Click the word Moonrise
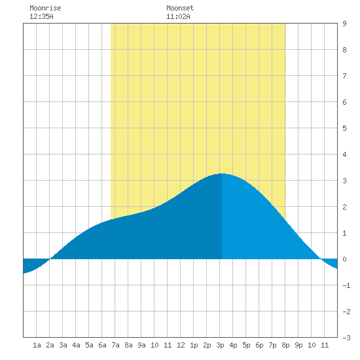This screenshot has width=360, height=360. (45, 8)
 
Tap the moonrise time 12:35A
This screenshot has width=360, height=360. (41, 16)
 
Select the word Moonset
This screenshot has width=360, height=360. (180, 8)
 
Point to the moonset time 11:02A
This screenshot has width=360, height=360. (178, 16)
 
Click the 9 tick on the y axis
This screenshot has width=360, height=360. (344, 24)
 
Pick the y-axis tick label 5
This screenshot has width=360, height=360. (344, 128)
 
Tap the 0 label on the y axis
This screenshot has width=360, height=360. (344, 259)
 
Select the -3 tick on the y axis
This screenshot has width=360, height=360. (346, 338)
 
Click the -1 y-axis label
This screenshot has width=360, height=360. (346, 285)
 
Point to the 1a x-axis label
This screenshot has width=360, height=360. (37, 345)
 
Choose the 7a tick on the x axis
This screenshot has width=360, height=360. (115, 345)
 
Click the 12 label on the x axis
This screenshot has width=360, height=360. (181, 345)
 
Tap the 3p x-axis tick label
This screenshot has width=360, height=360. (220, 345)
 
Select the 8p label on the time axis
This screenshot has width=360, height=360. (285, 345)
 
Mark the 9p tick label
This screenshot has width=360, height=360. (298, 345)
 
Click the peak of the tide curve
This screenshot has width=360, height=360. (221, 173)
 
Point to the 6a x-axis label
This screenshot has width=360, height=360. (102, 345)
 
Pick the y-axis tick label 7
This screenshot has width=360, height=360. (344, 76)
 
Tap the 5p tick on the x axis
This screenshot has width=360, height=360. (246, 345)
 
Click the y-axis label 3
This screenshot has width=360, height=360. (344, 181)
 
